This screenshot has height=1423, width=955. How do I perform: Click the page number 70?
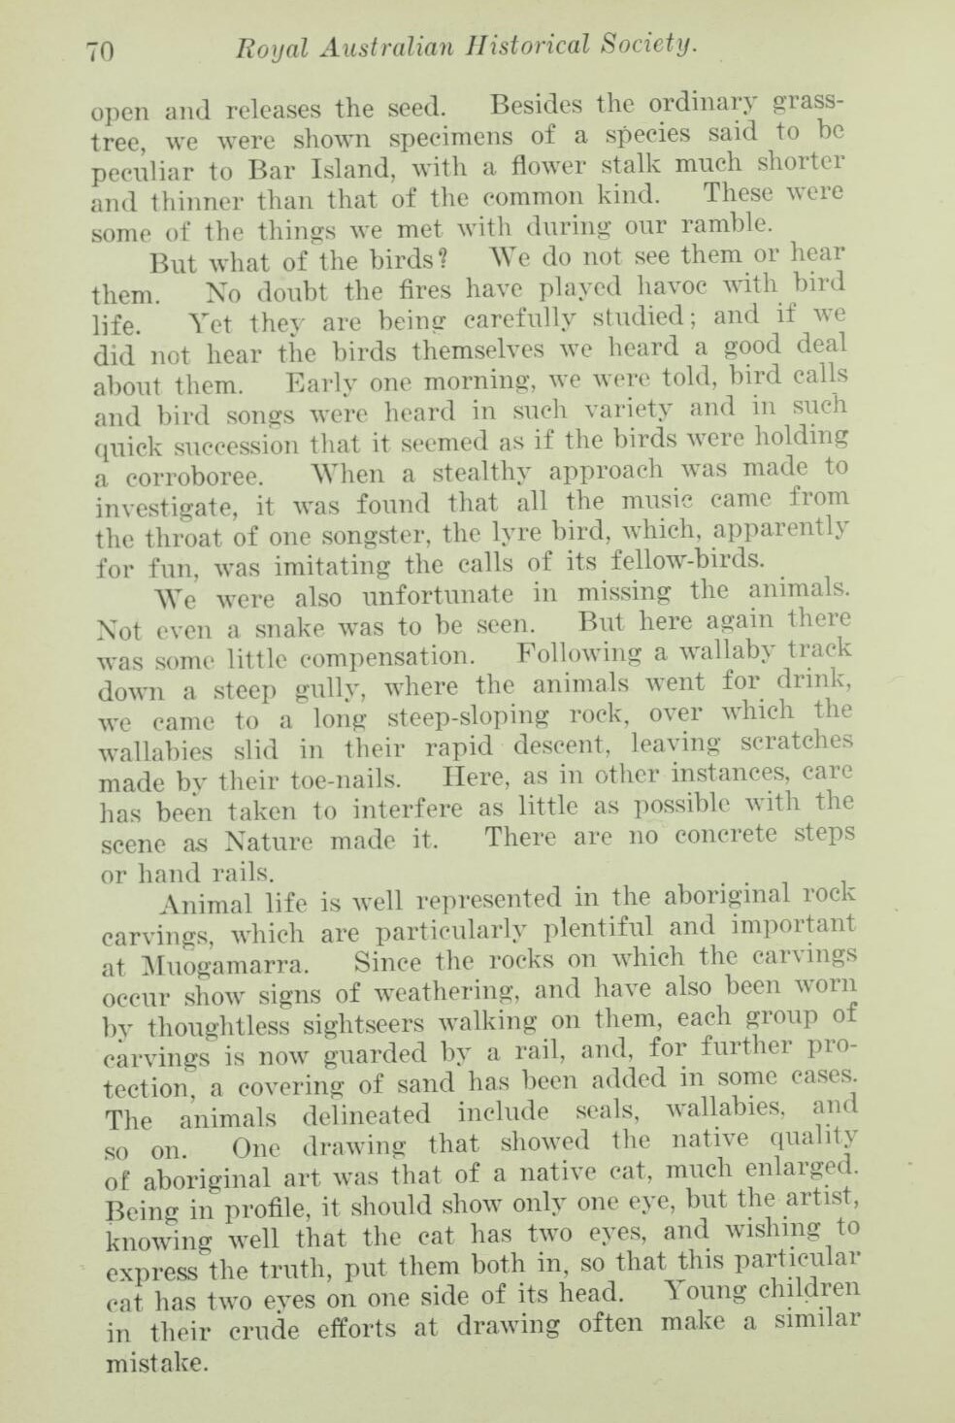point(101,50)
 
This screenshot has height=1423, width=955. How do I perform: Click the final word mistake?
point(154,1362)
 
